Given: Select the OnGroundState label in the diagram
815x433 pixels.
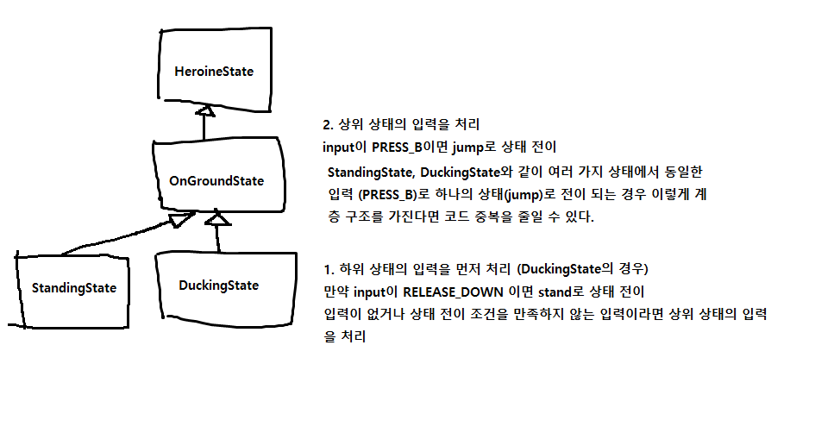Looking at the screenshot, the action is point(216,181).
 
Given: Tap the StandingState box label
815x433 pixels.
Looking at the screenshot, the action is point(74,287).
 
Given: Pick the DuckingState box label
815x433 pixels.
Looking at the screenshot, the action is point(218,285).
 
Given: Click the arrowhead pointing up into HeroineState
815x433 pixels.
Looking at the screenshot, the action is point(204,111).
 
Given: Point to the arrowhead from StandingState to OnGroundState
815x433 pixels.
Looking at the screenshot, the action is point(179,220).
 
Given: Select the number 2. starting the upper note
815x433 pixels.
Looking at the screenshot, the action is point(324,122).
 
